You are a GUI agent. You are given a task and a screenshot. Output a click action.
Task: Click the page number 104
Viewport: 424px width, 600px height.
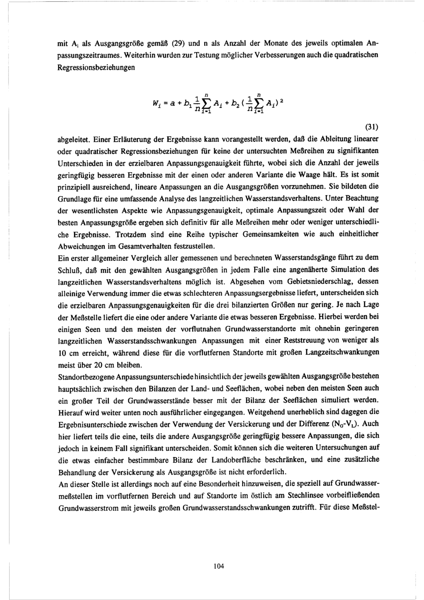click(x=219, y=566)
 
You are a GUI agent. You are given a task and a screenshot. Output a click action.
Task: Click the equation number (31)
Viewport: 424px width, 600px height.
click(x=371, y=127)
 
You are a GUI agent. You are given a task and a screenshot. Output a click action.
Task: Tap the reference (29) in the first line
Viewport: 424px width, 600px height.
click(x=177, y=43)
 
